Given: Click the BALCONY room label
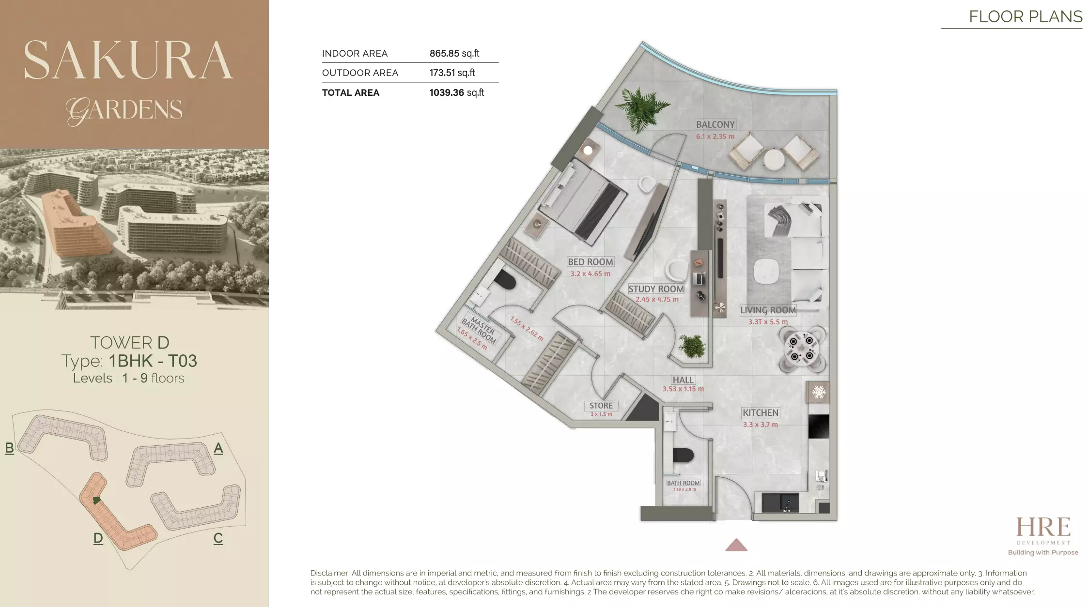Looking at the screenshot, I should point(715,124).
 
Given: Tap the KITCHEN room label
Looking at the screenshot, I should point(761,413).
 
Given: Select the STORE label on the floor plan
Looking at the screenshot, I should point(601,406).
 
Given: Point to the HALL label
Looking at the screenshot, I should point(683,380).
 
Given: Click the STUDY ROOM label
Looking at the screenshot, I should point(656,289).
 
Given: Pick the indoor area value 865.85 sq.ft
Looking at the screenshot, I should point(454,53).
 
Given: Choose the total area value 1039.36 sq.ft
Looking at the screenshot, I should point(456,92).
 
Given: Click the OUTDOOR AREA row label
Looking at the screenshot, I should point(360,73).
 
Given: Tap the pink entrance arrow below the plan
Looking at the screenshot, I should point(736,546).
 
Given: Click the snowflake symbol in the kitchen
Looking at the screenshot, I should point(819,392).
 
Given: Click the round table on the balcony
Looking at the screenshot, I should point(774,159).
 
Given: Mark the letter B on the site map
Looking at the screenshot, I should point(9,448).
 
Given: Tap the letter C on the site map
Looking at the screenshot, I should point(218,538).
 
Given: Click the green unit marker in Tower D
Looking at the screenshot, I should point(97,500).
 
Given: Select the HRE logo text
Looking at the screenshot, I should point(1043,527).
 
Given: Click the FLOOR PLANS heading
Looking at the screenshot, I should point(1025,16).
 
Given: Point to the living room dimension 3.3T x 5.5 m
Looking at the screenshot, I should point(768,322).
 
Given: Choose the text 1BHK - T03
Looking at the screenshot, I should point(153,361).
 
